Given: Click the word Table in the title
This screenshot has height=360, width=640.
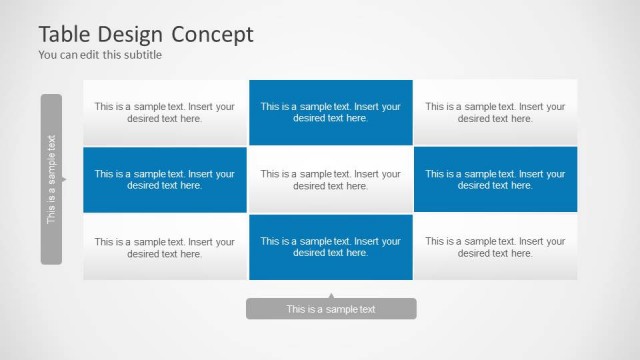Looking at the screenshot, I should coord(66,34).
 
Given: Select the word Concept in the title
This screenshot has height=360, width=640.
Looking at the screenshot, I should coord(215,34).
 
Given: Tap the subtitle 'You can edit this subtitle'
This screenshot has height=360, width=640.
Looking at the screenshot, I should coord(100,55).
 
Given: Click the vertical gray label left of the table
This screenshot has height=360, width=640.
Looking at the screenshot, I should coord(51,179).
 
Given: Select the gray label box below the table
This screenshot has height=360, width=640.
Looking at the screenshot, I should coord(331,309).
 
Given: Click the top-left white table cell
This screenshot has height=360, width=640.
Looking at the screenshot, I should coord(165,112).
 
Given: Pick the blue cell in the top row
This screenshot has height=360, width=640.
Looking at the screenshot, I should coord(331,112).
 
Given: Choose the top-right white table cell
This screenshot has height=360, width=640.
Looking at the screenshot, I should coord(495,112).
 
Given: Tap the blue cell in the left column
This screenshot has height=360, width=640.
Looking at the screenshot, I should coord(165,179).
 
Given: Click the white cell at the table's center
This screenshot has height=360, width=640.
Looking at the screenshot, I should coord(331,179).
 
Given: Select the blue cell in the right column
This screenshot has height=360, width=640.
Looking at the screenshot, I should coord(495,179).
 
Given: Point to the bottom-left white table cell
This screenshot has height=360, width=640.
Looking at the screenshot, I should coord(165,247).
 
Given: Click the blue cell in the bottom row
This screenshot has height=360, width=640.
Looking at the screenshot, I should coord(331,247).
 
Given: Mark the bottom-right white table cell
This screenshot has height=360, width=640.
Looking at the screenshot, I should coord(495,247).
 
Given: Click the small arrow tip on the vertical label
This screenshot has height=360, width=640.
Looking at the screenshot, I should coord(64,180).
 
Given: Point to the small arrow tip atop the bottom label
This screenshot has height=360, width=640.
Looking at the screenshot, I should coord(331,296).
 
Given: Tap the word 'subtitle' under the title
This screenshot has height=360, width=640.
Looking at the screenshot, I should coord(143,55).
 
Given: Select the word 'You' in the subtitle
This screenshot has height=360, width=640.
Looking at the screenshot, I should coord(47,55).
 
